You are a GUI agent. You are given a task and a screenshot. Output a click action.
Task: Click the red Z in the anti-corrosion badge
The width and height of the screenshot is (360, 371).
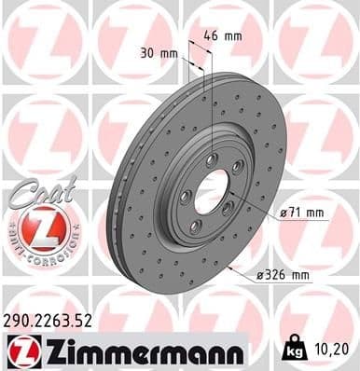pyautogui.click(x=40, y=227)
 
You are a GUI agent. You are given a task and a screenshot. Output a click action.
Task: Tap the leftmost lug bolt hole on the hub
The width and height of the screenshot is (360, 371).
pyautogui.click(x=185, y=196)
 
